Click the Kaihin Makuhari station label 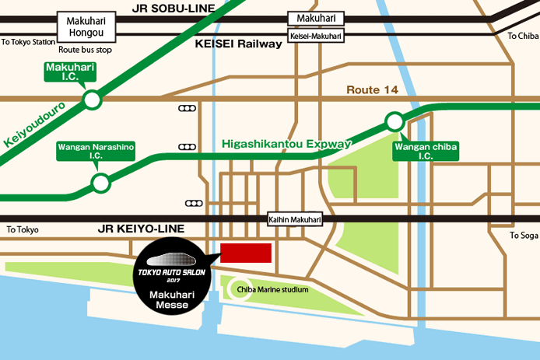(294, 220)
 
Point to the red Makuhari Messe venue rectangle (246, 253)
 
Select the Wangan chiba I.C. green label (426, 151)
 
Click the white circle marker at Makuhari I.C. (93, 100)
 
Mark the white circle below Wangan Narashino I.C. (100, 183)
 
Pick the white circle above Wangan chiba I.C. (395, 121)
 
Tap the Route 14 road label (372, 90)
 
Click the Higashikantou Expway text (287, 144)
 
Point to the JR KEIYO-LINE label (142, 229)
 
